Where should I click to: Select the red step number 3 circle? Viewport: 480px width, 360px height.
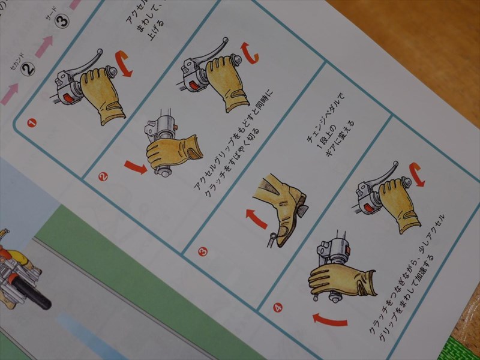coord(202,251)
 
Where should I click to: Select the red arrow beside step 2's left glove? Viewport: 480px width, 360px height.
coord(135,166)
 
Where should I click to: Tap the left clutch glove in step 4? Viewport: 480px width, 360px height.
coord(339,280)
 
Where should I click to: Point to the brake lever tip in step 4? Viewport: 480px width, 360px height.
coord(395,163)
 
